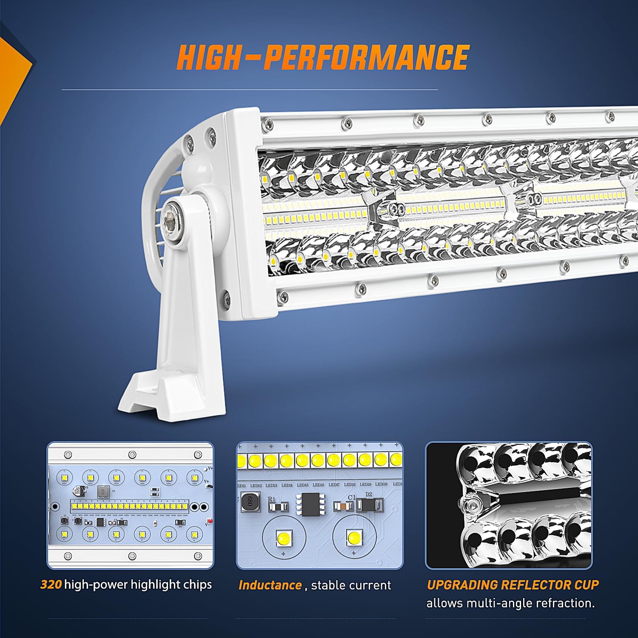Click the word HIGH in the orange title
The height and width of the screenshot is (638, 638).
(208, 57)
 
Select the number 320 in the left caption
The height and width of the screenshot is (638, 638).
(51, 584)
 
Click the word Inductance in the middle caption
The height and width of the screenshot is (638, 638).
(270, 585)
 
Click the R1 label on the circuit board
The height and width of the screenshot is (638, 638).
(272, 499)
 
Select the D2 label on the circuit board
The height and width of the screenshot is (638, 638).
(368, 494)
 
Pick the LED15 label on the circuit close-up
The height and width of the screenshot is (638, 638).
(302, 485)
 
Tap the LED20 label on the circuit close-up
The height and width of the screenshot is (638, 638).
(381, 484)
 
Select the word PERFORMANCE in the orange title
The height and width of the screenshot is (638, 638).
(366, 57)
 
